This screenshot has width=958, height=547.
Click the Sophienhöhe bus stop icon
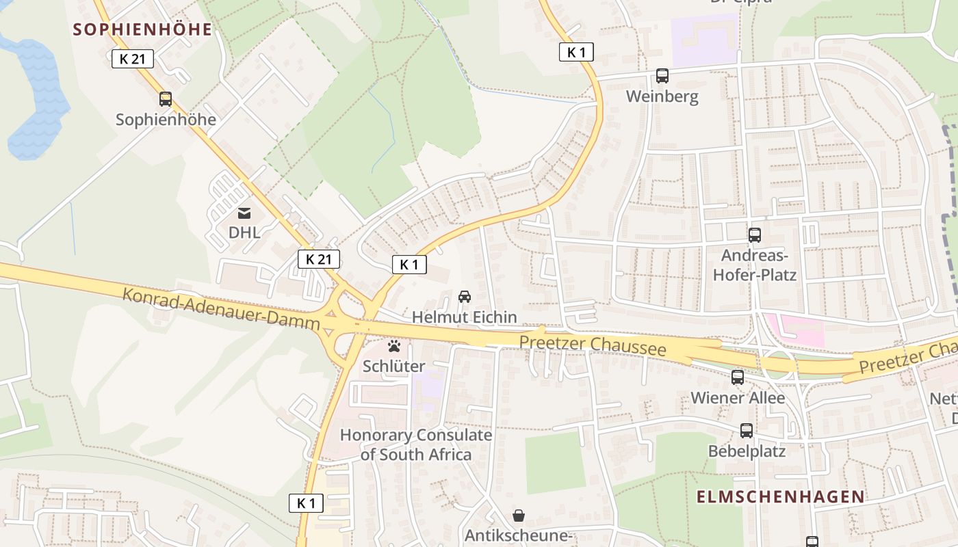[x=166, y=99]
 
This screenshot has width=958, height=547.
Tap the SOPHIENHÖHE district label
[x=142, y=29]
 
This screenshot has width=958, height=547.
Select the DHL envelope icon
[x=244, y=213]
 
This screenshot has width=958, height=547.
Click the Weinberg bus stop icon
[x=662, y=76]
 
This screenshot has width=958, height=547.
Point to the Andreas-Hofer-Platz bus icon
[x=754, y=235]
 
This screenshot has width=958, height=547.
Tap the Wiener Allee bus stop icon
[x=738, y=377]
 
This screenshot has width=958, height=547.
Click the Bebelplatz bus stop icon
[x=746, y=431]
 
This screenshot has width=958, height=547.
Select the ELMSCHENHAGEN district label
[x=780, y=497]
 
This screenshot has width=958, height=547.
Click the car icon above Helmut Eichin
[x=465, y=297]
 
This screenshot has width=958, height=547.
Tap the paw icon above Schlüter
[x=393, y=346]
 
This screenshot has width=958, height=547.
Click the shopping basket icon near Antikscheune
[x=519, y=515]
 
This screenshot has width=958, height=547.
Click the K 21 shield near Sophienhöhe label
[x=133, y=59]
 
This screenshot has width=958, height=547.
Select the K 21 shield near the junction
[x=319, y=259]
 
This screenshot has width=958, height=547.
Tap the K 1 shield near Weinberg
[x=576, y=52]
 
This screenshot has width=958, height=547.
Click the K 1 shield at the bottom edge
[x=306, y=503]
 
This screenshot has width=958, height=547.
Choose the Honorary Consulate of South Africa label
[x=415, y=444]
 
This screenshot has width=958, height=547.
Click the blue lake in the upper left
[x=38, y=96]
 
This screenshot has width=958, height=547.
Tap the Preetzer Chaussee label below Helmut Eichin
[x=593, y=345]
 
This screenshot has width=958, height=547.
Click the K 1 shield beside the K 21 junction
[x=409, y=265]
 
